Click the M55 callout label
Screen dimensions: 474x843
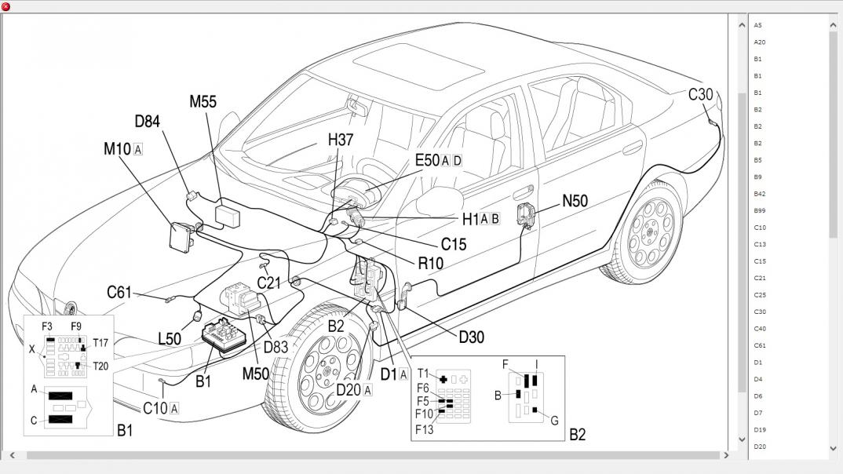[203, 101]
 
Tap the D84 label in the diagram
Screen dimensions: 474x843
[147, 121]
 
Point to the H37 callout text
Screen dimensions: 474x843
[341, 140]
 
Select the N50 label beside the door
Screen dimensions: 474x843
[575, 201]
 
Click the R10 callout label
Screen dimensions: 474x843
[430, 264]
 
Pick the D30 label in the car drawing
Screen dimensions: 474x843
[471, 337]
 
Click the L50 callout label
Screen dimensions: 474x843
[170, 339]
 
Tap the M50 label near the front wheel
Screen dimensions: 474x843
[255, 374]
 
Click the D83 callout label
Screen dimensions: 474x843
[276, 347]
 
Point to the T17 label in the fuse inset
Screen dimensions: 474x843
[100, 342]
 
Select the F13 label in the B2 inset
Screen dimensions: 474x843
[424, 428]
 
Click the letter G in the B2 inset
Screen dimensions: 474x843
[554, 421]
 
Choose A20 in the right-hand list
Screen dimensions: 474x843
[759, 42]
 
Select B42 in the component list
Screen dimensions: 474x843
[759, 194]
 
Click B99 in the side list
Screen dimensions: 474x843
[759, 210]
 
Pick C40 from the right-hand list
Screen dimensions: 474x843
[759, 329]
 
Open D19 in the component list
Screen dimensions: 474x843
[759, 430]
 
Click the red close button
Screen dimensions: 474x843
[6, 6]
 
